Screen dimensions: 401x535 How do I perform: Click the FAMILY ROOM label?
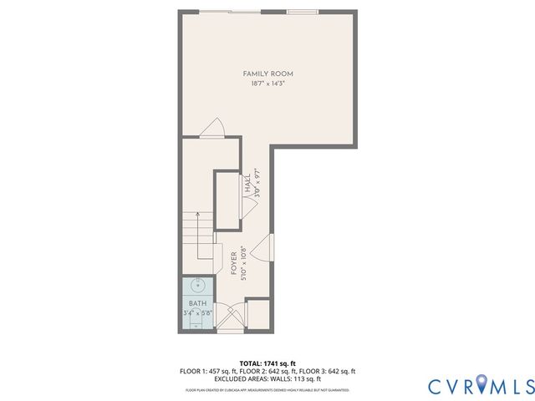click(x=267, y=74)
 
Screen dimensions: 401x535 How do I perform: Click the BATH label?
click(x=197, y=303)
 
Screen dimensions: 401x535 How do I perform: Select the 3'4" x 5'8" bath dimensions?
click(x=198, y=313)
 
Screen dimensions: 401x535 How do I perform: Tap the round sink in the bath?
click(x=198, y=285)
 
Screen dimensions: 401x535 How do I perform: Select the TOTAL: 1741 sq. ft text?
click(x=267, y=362)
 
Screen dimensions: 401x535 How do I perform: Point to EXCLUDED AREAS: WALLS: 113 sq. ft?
click(x=267, y=378)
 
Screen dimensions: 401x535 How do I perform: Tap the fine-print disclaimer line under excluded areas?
click(x=267, y=389)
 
